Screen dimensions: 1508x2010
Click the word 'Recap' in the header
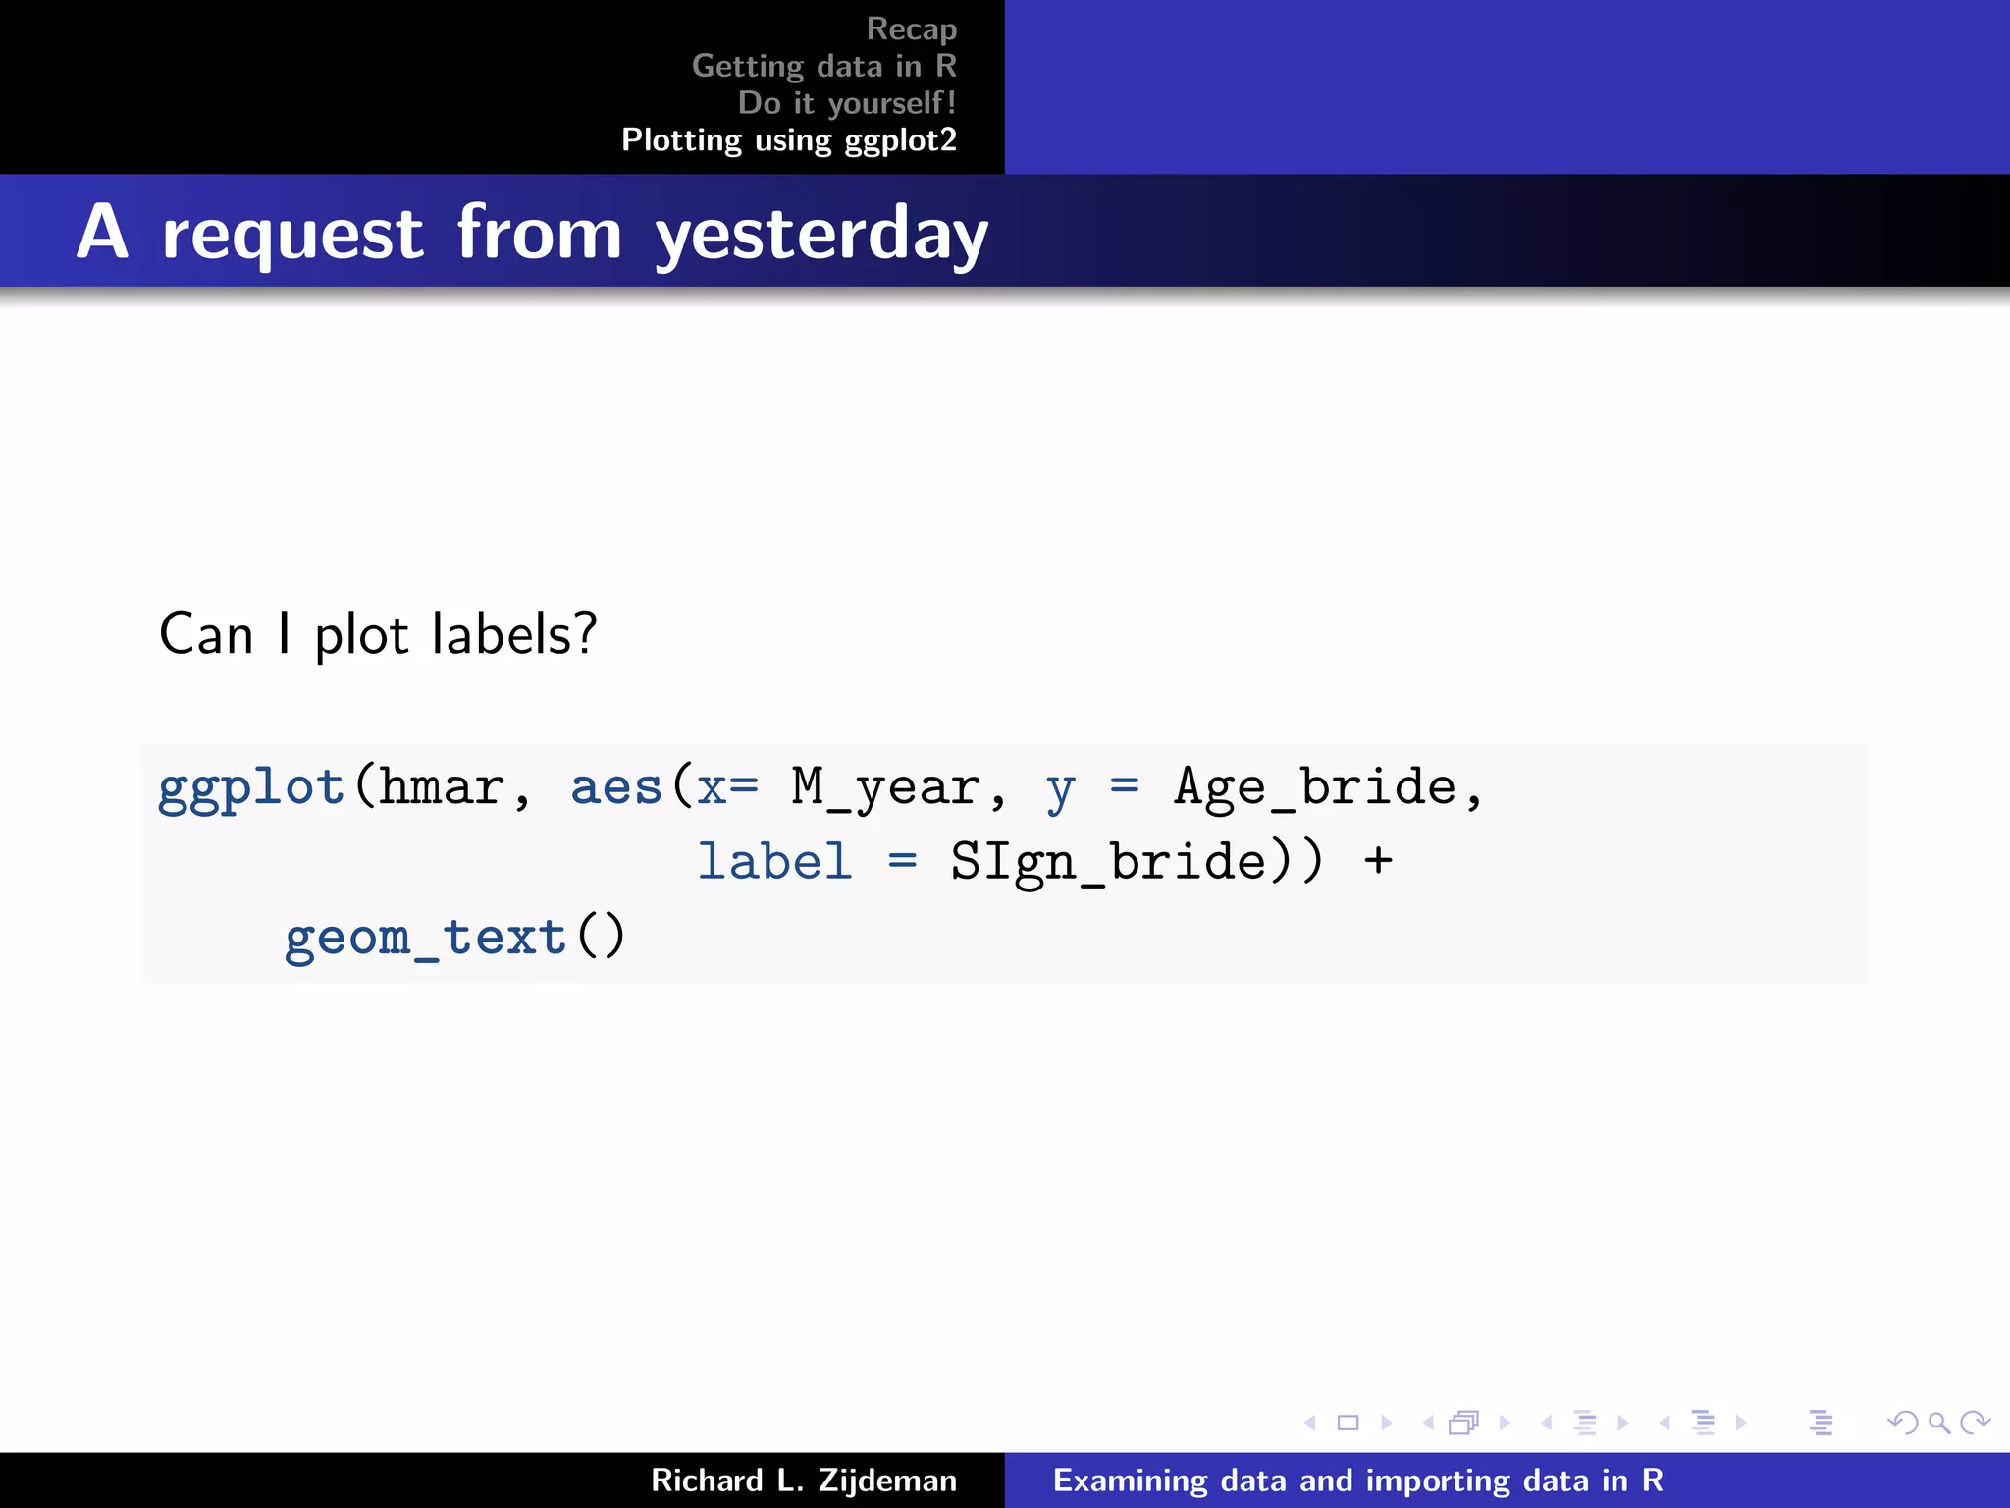[x=911, y=29]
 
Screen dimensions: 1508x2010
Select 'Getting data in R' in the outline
[x=823, y=66]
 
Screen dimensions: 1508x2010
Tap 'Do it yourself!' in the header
[x=846, y=103]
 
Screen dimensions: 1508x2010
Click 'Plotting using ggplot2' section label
[x=788, y=140]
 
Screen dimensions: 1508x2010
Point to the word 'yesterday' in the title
[x=820, y=236]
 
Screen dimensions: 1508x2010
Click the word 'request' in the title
[x=292, y=236]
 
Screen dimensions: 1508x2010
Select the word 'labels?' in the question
[x=514, y=634]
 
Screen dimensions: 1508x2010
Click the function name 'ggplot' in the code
[x=251, y=788]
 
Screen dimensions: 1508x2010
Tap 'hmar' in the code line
[x=442, y=788]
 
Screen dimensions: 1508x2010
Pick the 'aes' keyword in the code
[x=616, y=788]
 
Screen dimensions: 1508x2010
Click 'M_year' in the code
[x=885, y=788]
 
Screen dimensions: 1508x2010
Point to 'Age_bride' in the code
[x=1315, y=788]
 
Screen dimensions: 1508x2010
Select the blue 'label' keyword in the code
[x=774, y=863]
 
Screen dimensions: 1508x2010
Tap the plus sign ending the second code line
[x=1378, y=861]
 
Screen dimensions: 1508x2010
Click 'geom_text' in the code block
[x=426, y=938]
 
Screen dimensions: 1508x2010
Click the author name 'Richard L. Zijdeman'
[x=803, y=1481]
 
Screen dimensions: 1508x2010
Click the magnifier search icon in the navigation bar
[x=1938, y=1423]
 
